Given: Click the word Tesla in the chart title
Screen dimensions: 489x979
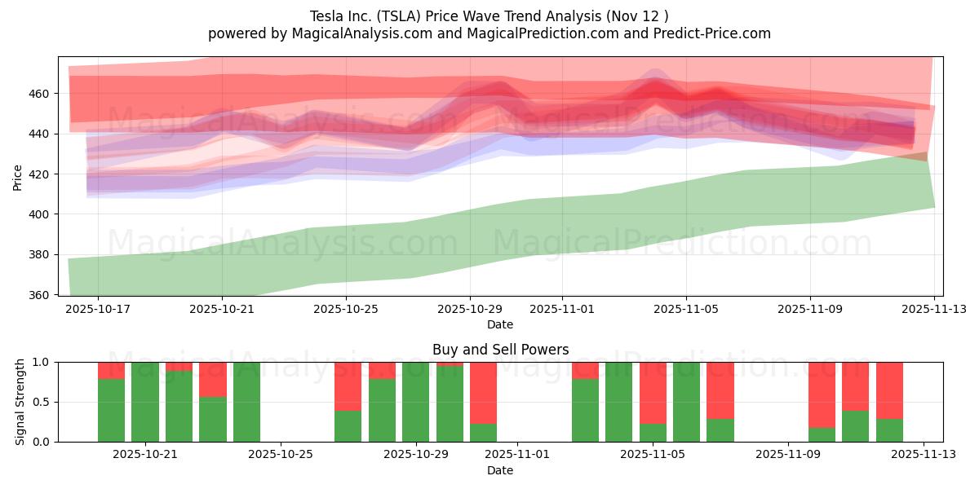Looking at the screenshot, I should pyautogui.click(x=326, y=15).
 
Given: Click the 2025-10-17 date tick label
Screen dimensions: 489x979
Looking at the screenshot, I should pyautogui.click(x=98, y=310).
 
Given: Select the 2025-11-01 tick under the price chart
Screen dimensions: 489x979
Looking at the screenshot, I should pyautogui.click(x=561, y=310).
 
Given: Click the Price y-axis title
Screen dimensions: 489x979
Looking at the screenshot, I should pyautogui.click(x=18, y=176).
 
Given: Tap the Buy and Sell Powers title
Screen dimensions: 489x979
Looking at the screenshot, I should pyautogui.click(x=500, y=350).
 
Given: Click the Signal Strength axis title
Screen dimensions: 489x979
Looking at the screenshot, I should pyautogui.click(x=20, y=402).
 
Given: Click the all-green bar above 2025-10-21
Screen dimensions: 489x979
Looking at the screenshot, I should pyautogui.click(x=145, y=402).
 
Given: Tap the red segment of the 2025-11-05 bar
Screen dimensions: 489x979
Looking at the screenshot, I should pyautogui.click(x=653, y=392).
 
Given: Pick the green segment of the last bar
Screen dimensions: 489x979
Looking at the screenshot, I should pyautogui.click(x=889, y=430).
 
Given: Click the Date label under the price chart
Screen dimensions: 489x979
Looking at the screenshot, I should pyautogui.click(x=500, y=324).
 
